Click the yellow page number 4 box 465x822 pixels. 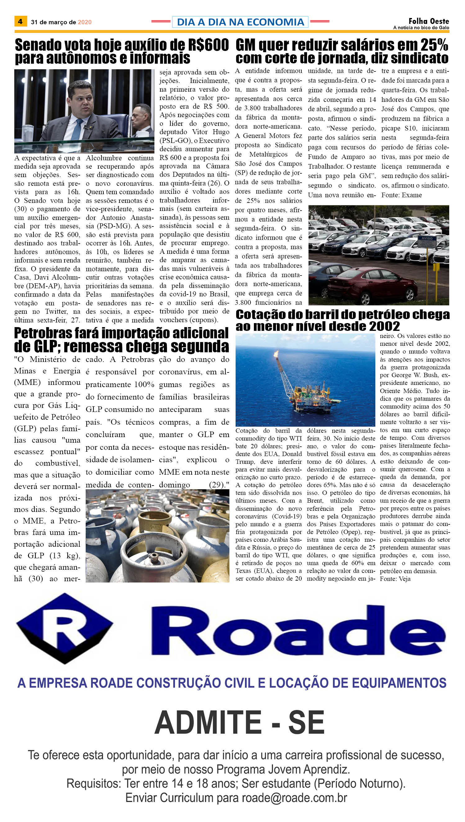[20, 22]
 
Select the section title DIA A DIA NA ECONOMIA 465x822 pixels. [240, 22]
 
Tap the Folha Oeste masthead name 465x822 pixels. [429, 21]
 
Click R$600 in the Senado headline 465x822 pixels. [208, 45]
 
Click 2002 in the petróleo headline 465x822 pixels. [384, 326]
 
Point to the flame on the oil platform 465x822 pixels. [276, 354]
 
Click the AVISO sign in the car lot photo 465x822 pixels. [427, 238]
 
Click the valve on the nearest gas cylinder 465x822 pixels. [154, 558]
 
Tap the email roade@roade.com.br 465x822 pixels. [294, 798]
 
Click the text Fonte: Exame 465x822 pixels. [401, 195]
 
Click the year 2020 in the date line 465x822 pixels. [85, 22]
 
